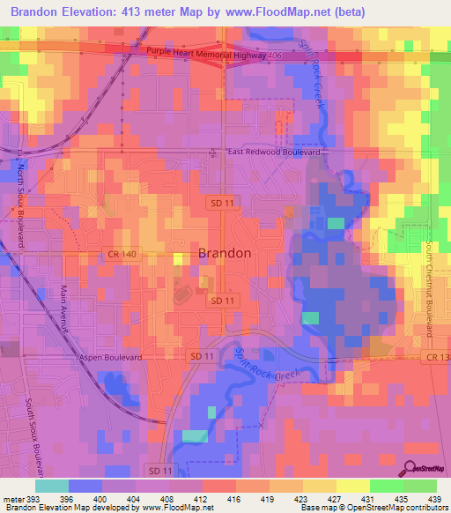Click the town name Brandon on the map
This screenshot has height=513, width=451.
(225, 253)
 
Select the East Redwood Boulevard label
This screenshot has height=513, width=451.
(273, 152)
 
